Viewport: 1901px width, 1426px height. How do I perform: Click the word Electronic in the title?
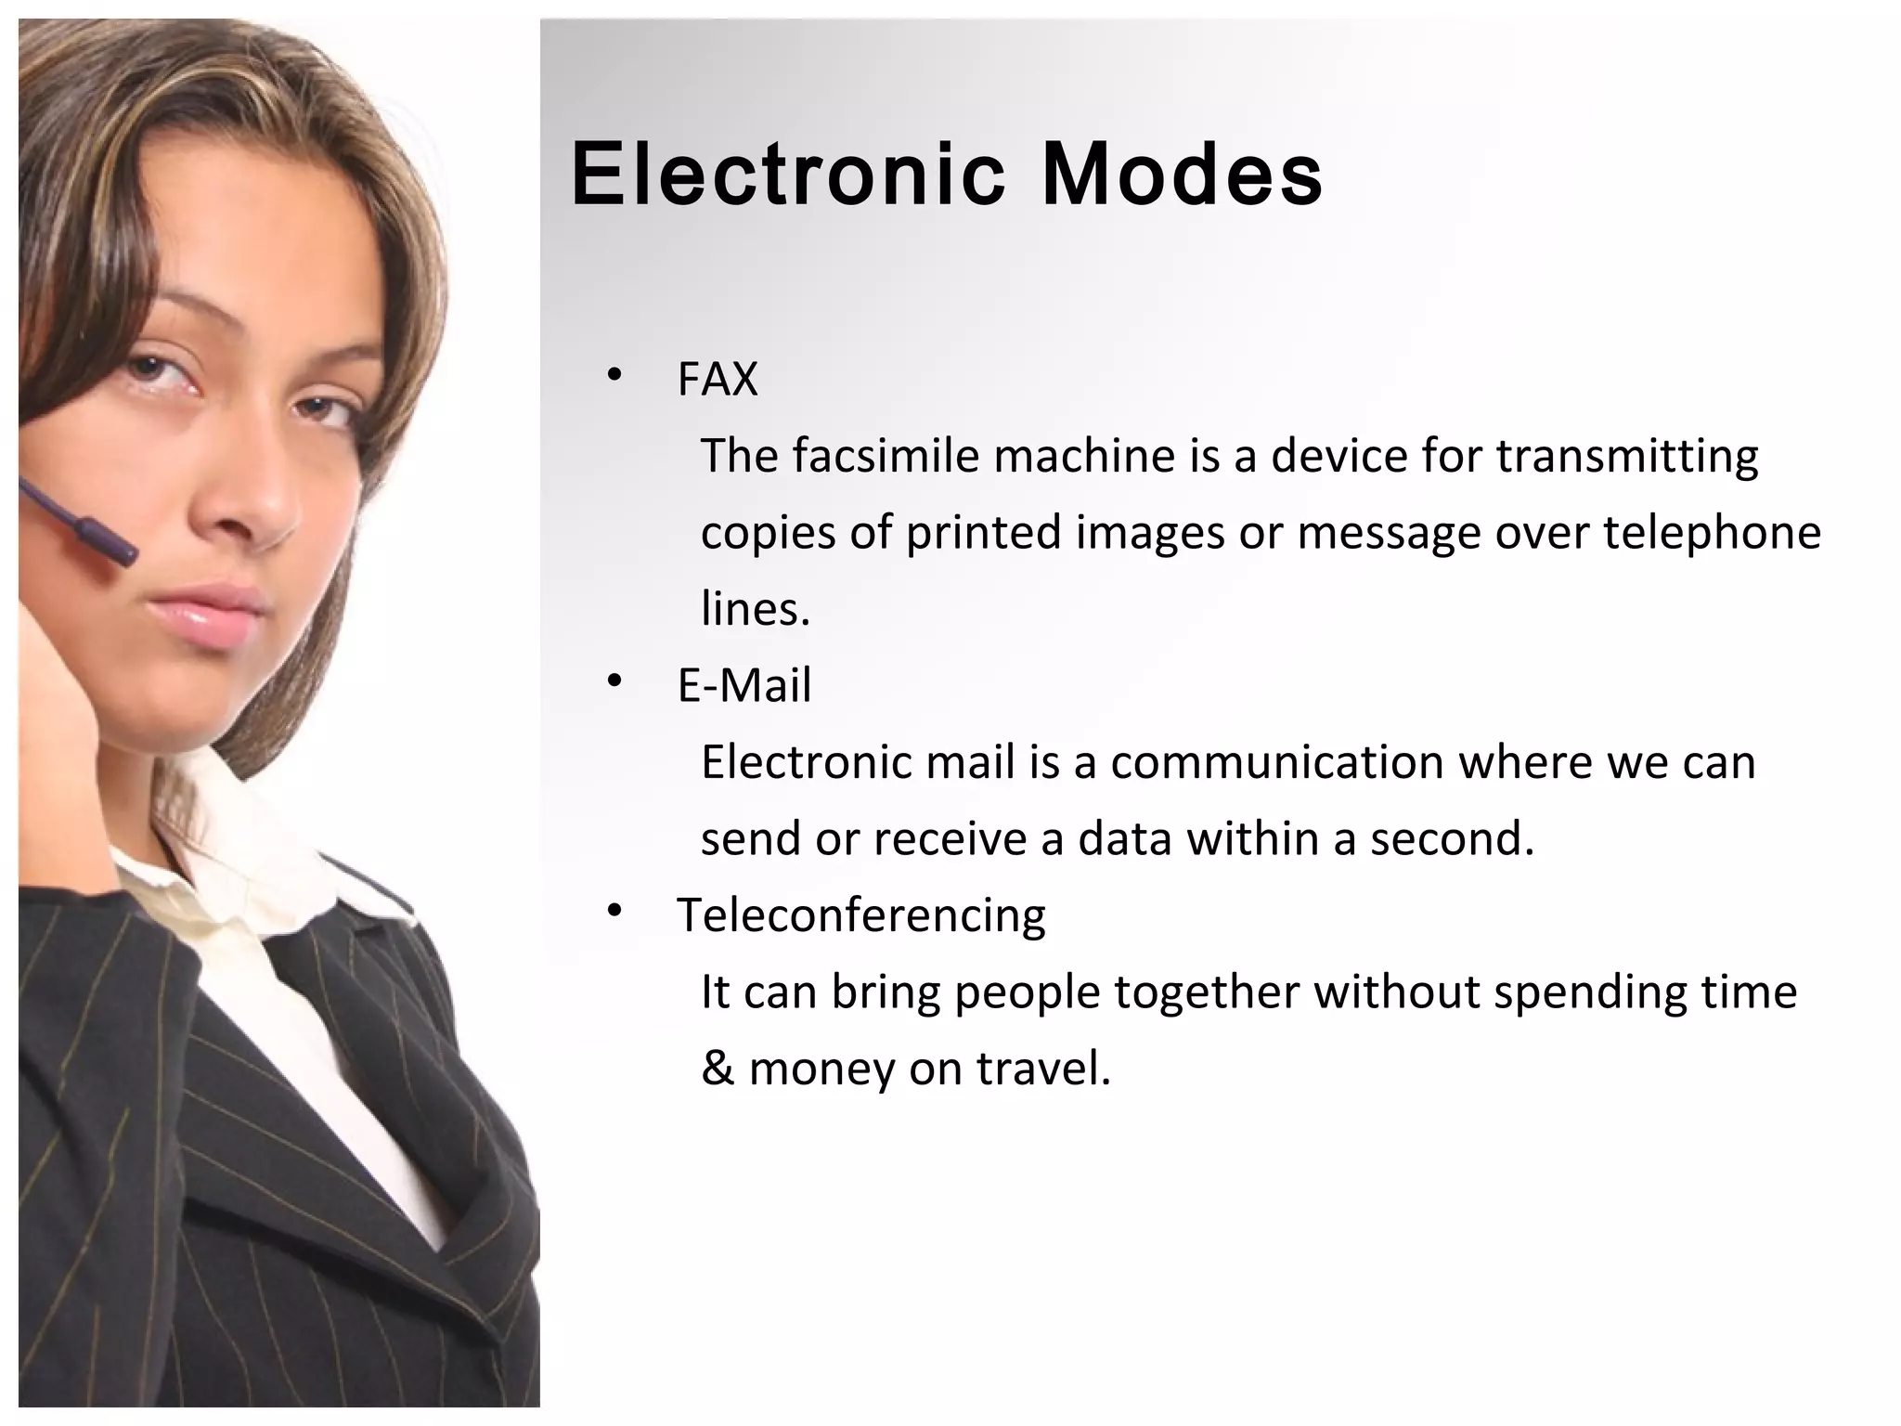pyautogui.click(x=787, y=175)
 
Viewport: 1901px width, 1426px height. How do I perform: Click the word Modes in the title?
pyautogui.click(x=1182, y=175)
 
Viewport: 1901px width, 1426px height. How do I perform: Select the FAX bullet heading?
pyautogui.click(x=718, y=380)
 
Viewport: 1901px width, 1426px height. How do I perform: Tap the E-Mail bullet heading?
pyautogui.click(x=744, y=686)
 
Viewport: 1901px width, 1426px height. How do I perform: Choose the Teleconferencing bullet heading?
pyautogui.click(x=861, y=915)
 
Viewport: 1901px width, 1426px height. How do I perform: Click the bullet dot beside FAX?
pyautogui.click(x=614, y=376)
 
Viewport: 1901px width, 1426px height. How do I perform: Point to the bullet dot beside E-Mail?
pyautogui.click(x=614, y=682)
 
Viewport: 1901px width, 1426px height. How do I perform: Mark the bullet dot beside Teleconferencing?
pyautogui.click(x=614, y=912)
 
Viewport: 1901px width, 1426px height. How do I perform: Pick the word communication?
pyautogui.click(x=1277, y=762)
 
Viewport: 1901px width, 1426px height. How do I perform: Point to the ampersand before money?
pyautogui.click(x=717, y=1069)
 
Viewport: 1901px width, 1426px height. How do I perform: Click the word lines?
pyautogui.click(x=755, y=610)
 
